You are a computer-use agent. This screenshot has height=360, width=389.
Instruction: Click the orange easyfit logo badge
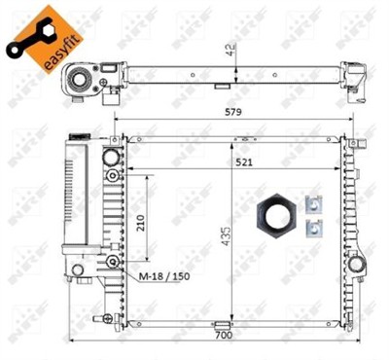coord(39,33)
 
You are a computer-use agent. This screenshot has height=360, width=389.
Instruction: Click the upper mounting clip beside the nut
coord(313,205)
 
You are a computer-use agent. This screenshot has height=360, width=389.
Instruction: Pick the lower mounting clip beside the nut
coord(313,230)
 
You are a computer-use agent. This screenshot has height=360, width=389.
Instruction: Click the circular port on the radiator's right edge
coord(360,265)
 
